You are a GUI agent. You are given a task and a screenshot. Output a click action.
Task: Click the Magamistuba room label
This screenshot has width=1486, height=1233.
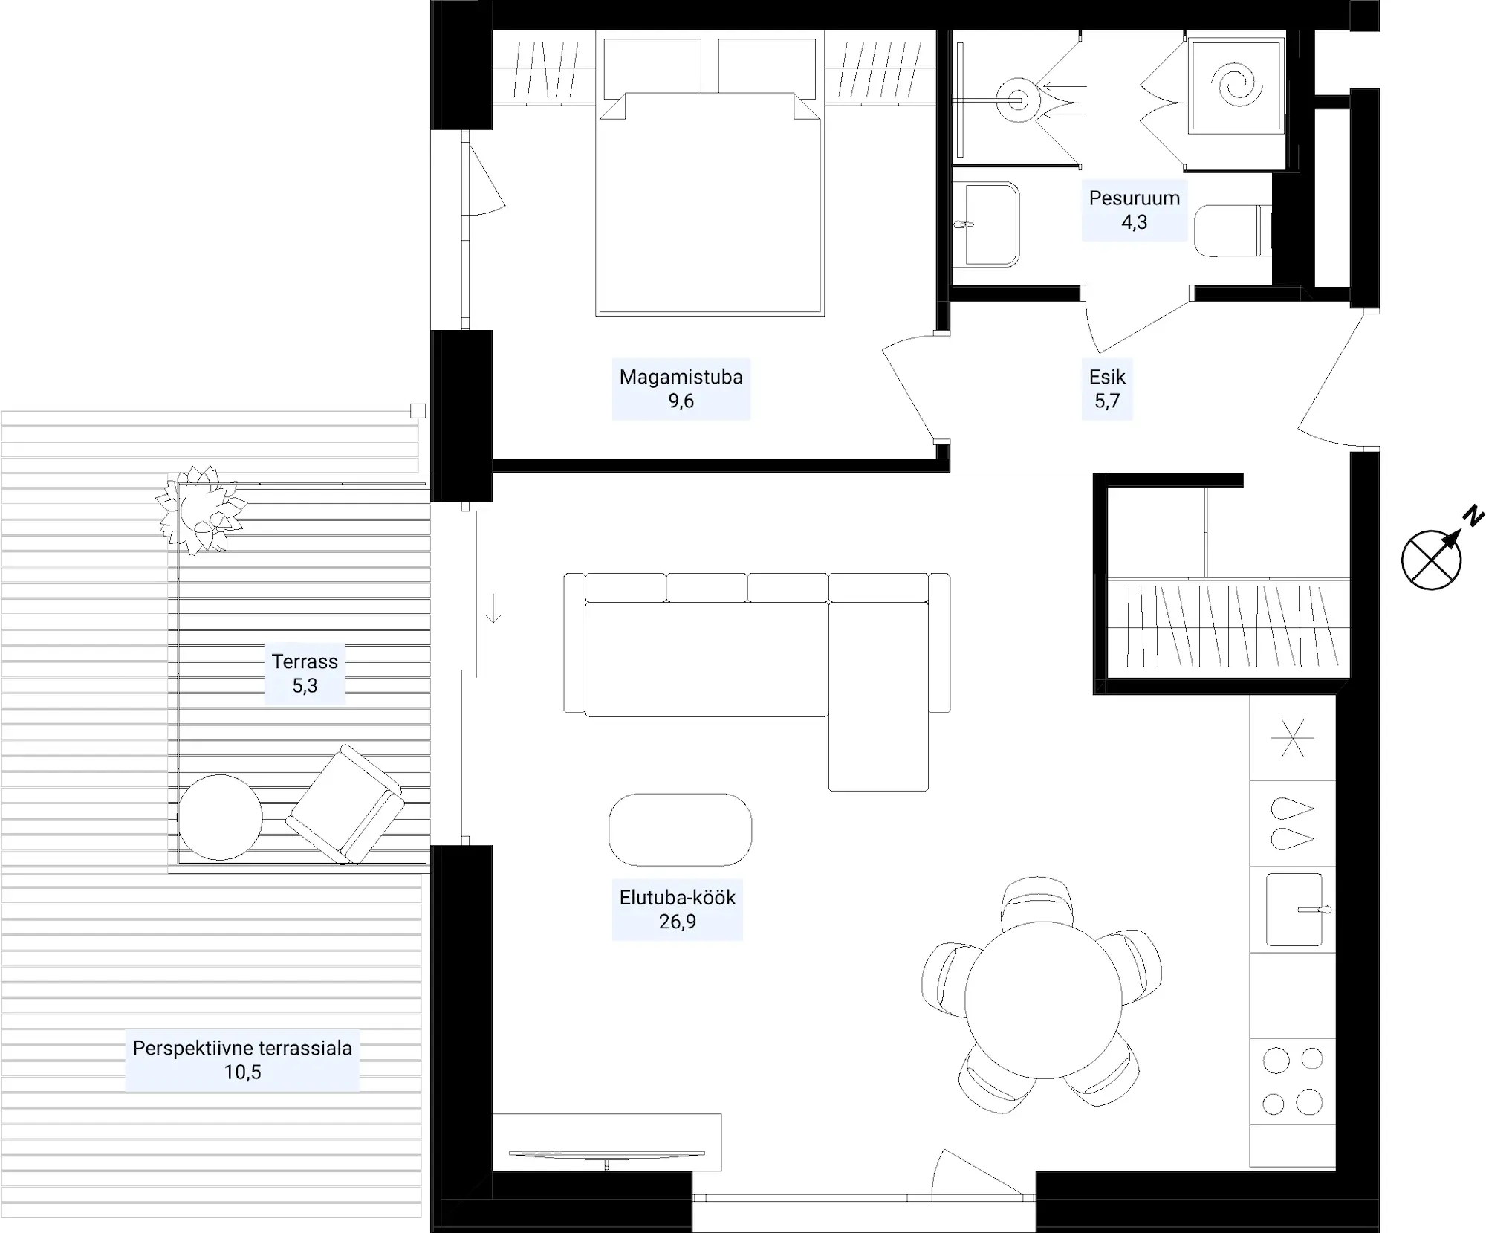point(681,377)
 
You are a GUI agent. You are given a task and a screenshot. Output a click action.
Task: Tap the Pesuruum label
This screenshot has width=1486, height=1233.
point(1134,198)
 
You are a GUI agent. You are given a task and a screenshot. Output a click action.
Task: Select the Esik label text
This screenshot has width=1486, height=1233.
point(1107,377)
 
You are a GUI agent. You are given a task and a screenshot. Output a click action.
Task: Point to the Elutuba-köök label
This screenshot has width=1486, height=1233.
point(677,898)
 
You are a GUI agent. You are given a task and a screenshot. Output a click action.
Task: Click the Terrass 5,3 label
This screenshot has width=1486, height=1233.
point(305,673)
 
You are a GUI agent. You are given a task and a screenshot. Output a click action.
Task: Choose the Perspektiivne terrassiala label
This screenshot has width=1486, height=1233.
point(242,1048)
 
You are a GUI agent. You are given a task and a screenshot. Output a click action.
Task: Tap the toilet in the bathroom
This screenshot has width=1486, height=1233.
point(1233,230)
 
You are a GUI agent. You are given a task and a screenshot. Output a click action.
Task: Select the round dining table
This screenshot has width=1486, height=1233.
point(1043,1000)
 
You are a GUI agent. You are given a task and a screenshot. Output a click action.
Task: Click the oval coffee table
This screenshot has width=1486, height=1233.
point(680,829)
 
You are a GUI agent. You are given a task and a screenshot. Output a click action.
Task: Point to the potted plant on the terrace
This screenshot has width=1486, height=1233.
point(201,510)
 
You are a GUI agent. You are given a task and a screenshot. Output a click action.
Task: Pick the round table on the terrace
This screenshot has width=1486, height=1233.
point(220,818)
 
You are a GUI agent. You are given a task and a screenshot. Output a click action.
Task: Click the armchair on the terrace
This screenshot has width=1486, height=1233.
point(345,804)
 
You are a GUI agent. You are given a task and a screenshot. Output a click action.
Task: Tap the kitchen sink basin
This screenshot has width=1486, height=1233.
point(1294,910)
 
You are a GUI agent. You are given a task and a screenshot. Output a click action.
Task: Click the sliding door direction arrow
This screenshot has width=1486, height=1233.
point(493,608)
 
